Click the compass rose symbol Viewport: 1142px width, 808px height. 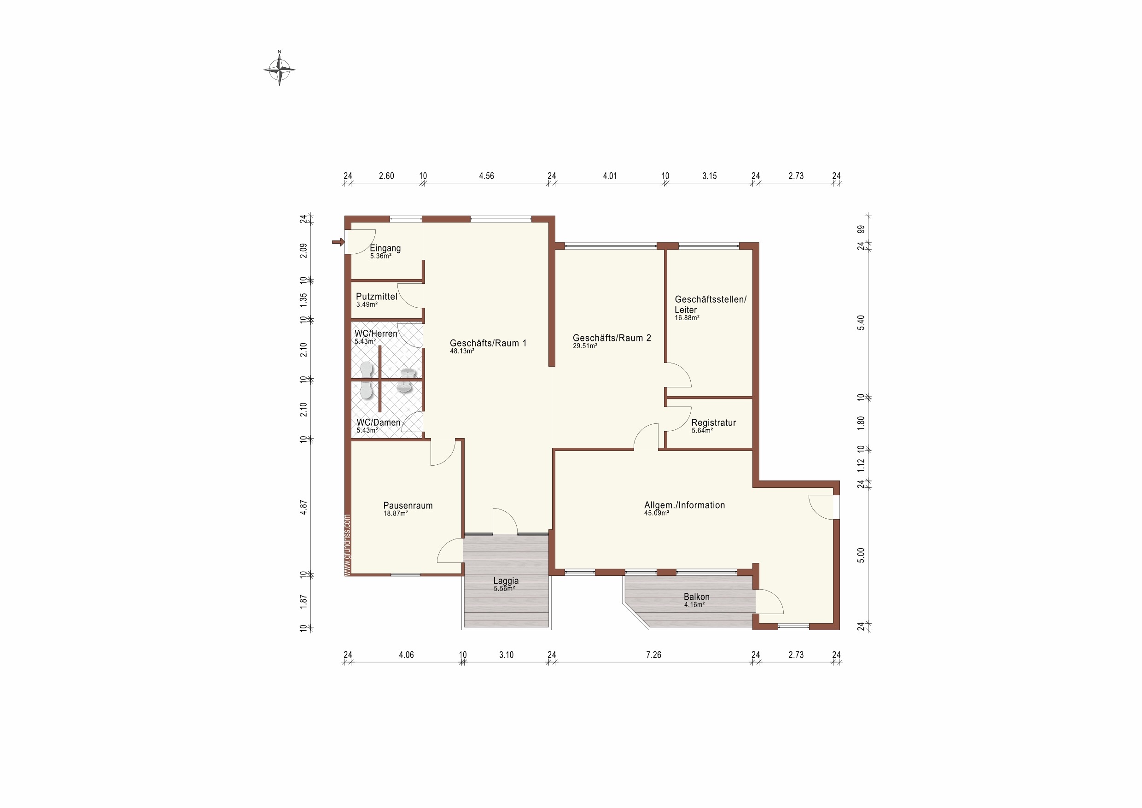click(279, 69)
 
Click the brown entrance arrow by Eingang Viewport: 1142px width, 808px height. click(338, 242)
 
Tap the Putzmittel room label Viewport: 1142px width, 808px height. click(377, 297)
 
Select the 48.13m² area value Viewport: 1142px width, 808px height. click(462, 351)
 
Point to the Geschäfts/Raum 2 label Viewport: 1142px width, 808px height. click(612, 338)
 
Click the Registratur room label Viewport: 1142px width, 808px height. click(714, 422)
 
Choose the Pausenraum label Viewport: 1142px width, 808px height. click(408, 505)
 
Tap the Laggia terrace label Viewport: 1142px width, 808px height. click(506, 580)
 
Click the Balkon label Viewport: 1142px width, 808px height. click(696, 597)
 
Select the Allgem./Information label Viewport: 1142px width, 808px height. click(684, 505)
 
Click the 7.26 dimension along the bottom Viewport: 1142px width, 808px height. click(653, 655)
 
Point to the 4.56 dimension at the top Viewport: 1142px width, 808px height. click(486, 176)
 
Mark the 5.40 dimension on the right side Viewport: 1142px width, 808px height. click(861, 322)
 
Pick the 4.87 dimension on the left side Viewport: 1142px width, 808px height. click(303, 507)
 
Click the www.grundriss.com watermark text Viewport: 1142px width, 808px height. click(347, 545)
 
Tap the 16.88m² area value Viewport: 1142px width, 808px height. click(687, 318)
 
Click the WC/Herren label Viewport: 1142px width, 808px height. click(376, 334)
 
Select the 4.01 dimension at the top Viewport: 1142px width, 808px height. click(610, 176)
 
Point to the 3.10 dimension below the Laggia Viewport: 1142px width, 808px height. click(507, 655)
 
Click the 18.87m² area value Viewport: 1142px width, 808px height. click(396, 514)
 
